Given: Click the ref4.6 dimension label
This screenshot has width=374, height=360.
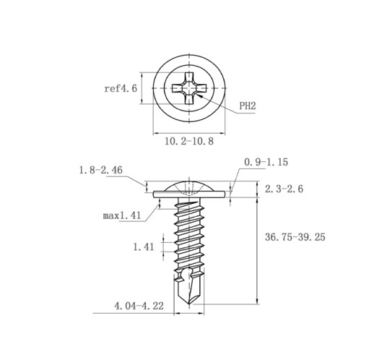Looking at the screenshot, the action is pyautogui.click(x=121, y=88).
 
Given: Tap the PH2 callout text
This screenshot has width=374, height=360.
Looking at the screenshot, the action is pyautogui.click(x=248, y=106).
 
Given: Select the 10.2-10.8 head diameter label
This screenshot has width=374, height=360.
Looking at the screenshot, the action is pyautogui.click(x=189, y=141).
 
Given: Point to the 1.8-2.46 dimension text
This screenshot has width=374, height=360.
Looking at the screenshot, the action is pyautogui.click(x=100, y=170).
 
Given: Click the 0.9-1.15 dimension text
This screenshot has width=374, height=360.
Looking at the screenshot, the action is pyautogui.click(x=266, y=162).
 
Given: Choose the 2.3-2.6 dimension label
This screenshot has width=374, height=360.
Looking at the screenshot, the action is pyautogui.click(x=284, y=189).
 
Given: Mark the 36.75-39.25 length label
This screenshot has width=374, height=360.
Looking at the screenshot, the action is pyautogui.click(x=295, y=237).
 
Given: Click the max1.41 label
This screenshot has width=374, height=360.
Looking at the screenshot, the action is pyautogui.click(x=122, y=215).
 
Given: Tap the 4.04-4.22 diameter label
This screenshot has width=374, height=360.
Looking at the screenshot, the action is pyautogui.click(x=139, y=306).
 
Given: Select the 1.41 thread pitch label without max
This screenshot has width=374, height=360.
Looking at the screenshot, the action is pyautogui.click(x=144, y=247).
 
